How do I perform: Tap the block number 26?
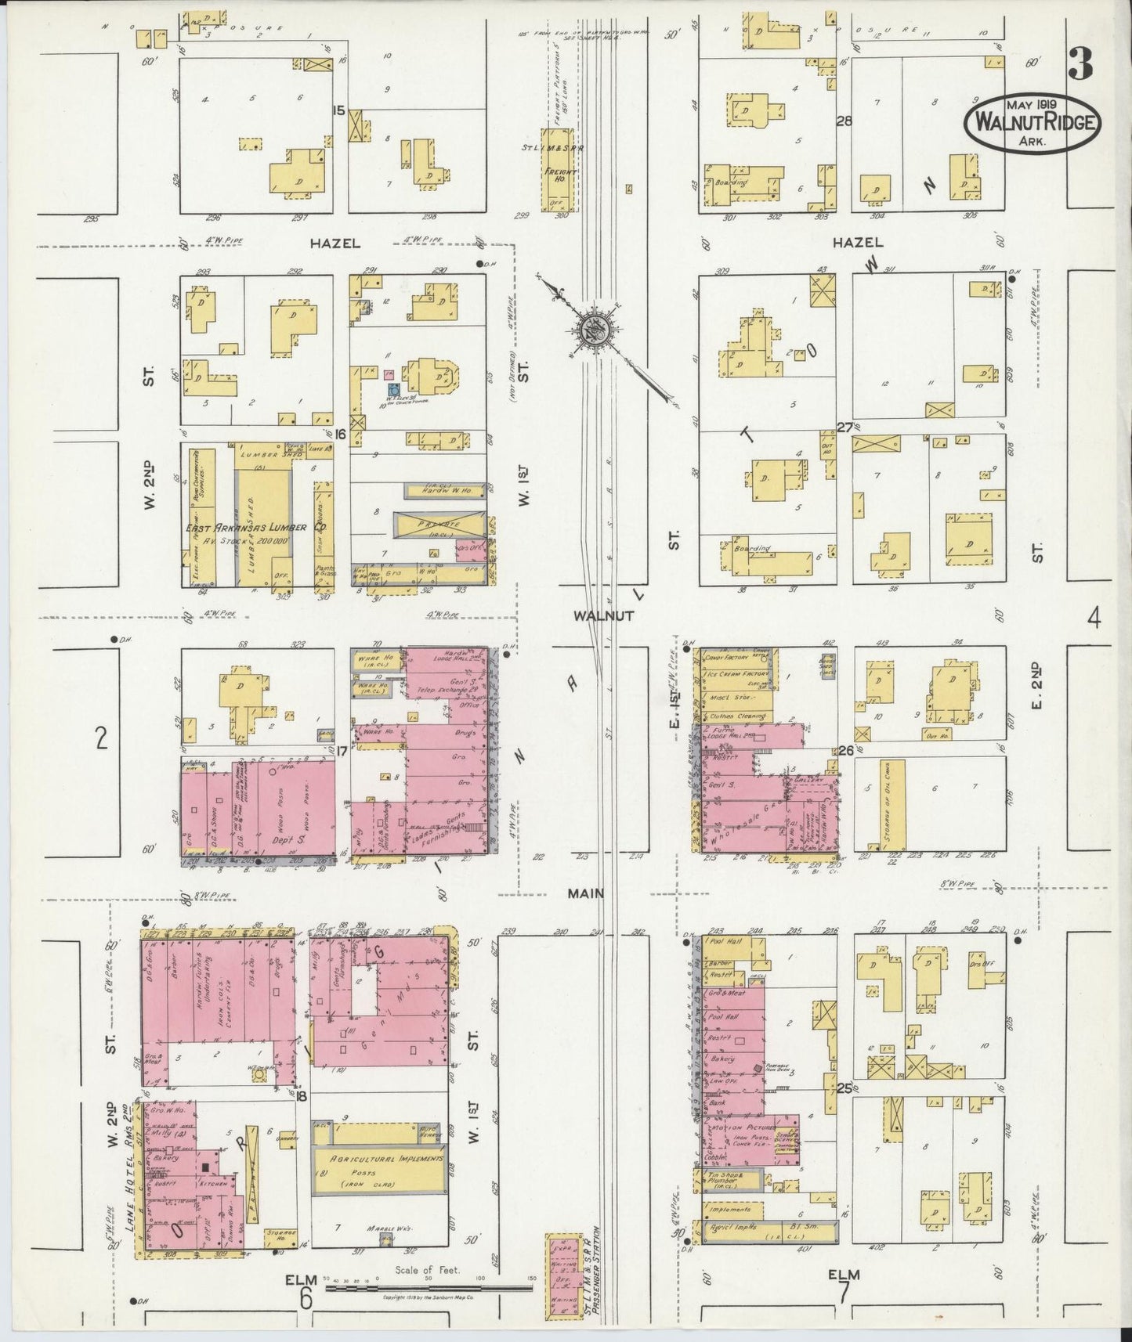pos(845,750)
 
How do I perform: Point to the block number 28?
pos(844,121)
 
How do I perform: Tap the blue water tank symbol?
pos(393,388)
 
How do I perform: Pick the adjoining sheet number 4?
pos(1094,619)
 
